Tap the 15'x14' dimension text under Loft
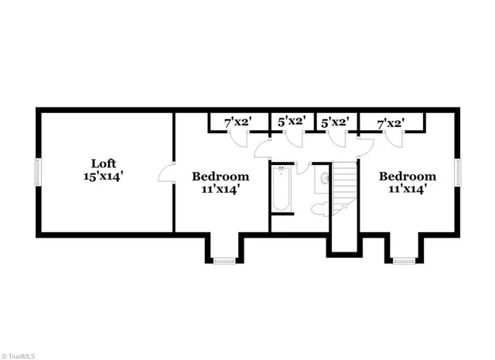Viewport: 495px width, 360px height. (104, 177)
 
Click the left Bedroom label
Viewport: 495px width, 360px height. (220, 176)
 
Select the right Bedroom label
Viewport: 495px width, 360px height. (407, 176)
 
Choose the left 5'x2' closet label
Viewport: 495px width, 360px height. (292, 122)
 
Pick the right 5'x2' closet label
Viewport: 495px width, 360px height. (336, 122)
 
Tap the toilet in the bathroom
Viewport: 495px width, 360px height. (319, 209)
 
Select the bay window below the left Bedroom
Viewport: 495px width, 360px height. (224, 261)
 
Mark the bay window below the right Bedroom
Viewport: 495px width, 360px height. (404, 261)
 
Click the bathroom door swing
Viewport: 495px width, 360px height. (302, 168)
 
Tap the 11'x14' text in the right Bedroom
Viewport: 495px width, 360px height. (407, 189)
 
